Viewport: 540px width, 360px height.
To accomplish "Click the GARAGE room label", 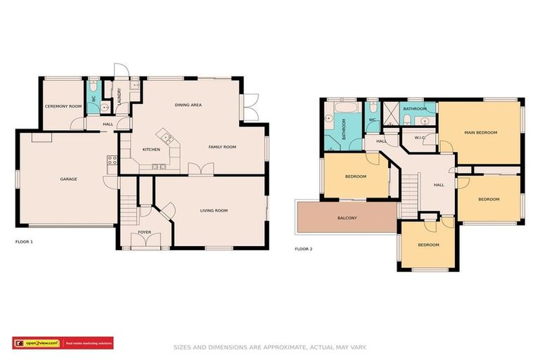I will pyautogui.click(x=68, y=179).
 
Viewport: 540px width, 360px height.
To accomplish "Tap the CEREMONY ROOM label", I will pyautogui.click(x=63, y=106).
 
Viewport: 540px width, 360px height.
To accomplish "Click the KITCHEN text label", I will pyautogui.click(x=152, y=150).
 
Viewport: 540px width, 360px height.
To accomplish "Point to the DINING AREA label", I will pyautogui.click(x=188, y=105).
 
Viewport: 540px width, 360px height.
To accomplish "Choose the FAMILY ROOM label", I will pyautogui.click(x=221, y=147).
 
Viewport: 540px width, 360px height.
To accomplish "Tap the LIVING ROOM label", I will pyautogui.click(x=214, y=210).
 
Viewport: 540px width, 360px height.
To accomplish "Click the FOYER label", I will pyautogui.click(x=144, y=231).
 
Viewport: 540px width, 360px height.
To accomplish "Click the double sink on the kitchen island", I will pyautogui.click(x=159, y=167).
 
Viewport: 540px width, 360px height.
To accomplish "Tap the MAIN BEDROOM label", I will pyautogui.click(x=480, y=132).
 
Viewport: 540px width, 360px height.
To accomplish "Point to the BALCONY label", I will pyautogui.click(x=347, y=218).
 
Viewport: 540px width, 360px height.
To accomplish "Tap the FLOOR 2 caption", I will pyautogui.click(x=303, y=249).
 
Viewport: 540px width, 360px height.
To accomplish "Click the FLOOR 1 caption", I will pyautogui.click(x=24, y=241).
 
